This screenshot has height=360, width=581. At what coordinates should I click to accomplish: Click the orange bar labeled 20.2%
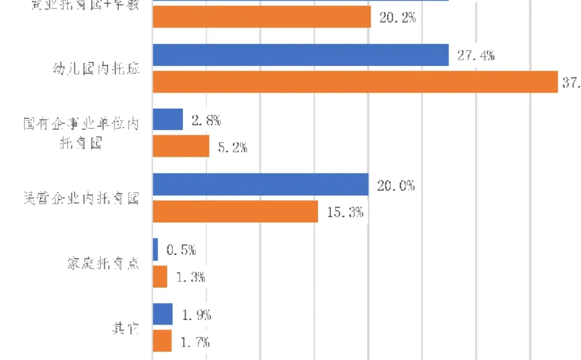coord(262,17)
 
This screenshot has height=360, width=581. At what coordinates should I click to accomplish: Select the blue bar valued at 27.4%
coord(301,55)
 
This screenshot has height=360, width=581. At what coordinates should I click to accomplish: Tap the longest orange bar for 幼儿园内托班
coord(355,82)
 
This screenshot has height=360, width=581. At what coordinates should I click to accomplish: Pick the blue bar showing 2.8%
coord(168,120)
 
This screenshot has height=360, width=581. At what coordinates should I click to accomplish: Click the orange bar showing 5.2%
coord(181,146)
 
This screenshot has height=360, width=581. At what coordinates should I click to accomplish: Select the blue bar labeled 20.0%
coord(260,185)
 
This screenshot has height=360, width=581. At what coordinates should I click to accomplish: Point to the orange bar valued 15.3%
coord(236,211)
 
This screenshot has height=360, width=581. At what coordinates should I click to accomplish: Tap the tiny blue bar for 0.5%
coord(155,250)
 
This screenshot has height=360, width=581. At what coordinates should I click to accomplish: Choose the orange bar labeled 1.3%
coord(160,277)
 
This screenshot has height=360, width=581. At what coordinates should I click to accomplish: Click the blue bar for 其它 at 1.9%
coord(163,314)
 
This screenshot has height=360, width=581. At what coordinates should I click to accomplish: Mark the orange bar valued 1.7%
coord(162,341)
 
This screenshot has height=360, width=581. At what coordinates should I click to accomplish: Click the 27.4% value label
coord(476,55)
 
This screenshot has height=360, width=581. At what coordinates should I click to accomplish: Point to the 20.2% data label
coord(398,17)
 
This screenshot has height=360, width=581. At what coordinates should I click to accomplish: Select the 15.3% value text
coord(345,212)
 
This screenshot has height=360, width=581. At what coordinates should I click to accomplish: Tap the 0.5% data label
coord(181,250)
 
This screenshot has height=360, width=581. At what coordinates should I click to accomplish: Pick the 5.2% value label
coord(232,147)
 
